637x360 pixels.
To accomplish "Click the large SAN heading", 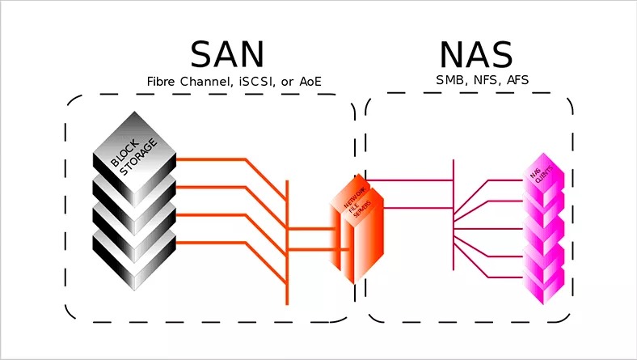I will tap(227, 53).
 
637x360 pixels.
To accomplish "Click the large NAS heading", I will tap(475, 53).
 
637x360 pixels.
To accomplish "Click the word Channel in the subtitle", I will tap(205, 82).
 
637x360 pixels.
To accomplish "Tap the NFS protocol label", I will tap(485, 80).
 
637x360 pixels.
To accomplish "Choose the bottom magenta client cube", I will tap(542, 283).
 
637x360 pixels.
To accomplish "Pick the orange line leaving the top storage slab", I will tap(210, 159).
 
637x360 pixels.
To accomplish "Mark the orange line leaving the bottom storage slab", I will tap(210, 243).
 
